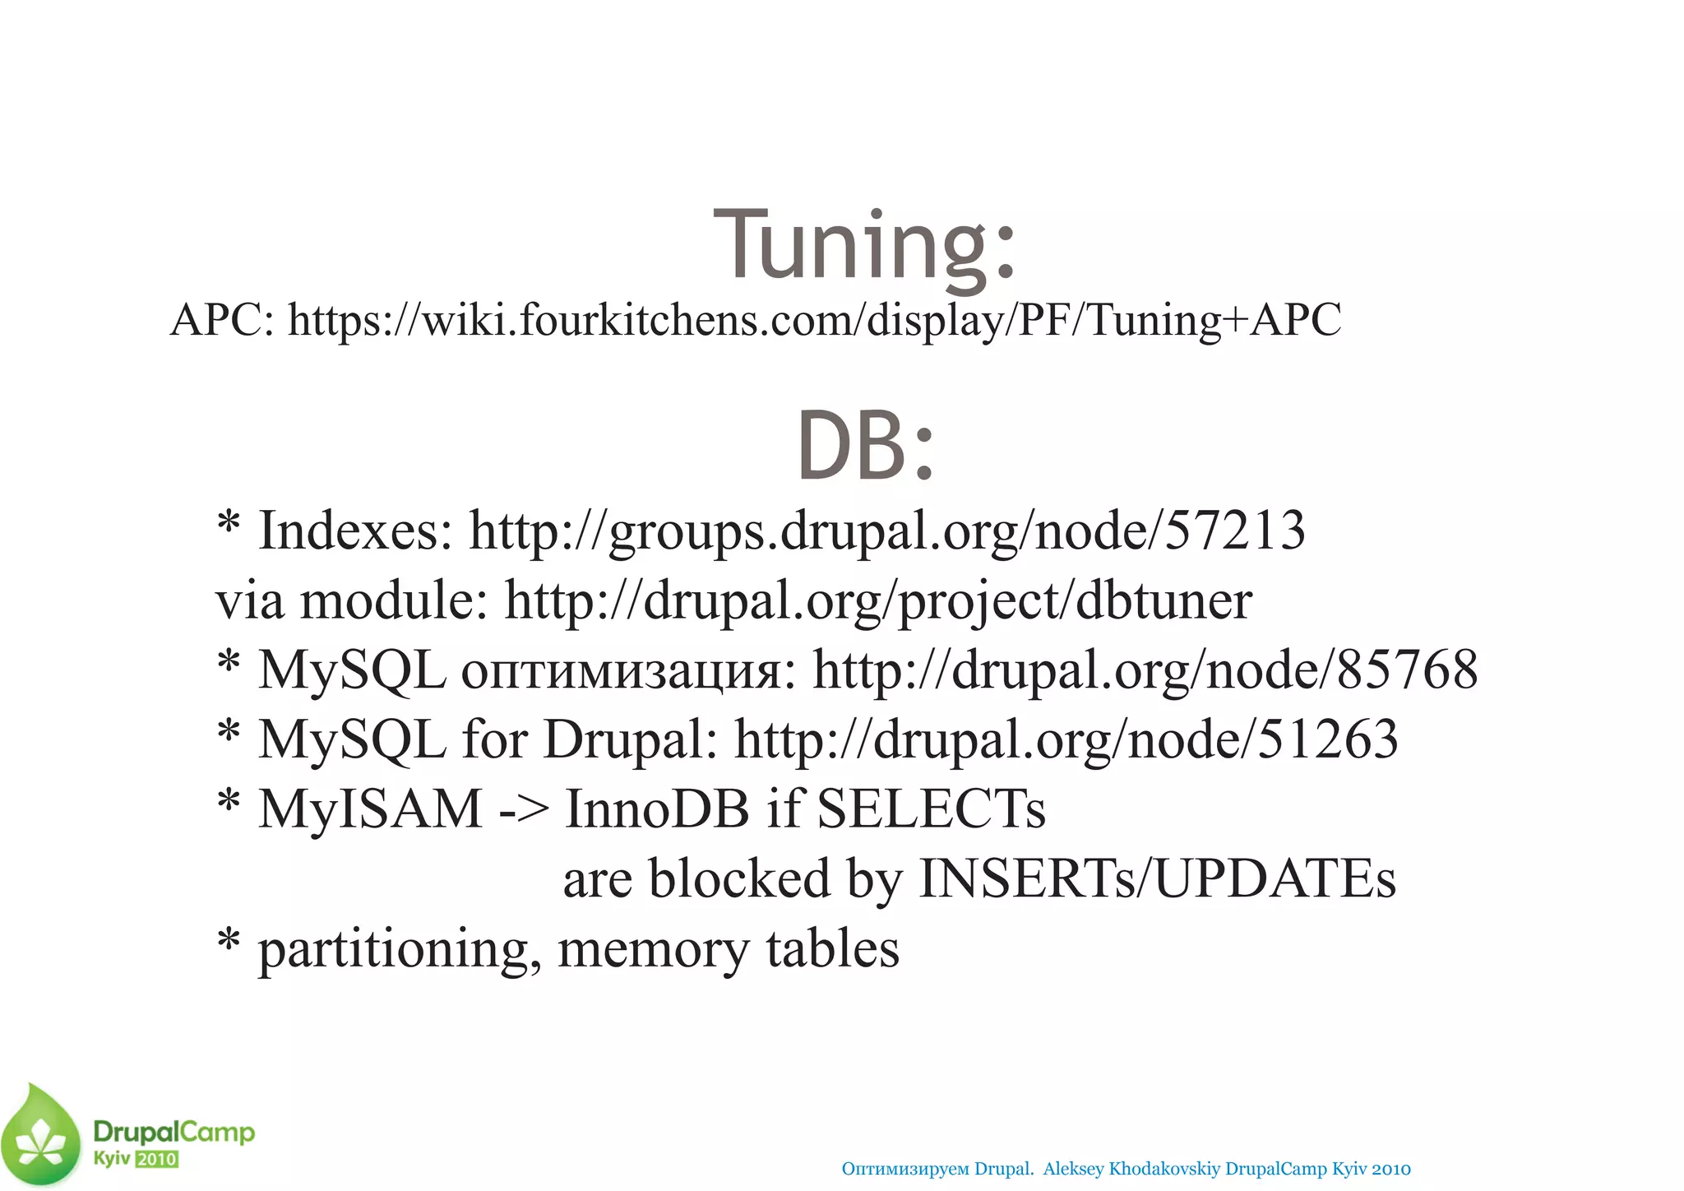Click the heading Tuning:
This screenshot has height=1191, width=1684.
[x=865, y=244]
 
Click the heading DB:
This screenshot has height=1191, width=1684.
[x=865, y=446]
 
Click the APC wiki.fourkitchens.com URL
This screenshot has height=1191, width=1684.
[x=814, y=320]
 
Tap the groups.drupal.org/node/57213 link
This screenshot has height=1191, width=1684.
[x=886, y=531]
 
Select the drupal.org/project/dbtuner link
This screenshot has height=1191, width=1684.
[x=877, y=600]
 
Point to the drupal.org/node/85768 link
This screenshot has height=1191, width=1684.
[x=1145, y=670]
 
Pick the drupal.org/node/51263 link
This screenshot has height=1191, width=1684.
[x=1066, y=739]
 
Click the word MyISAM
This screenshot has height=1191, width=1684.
[x=370, y=809]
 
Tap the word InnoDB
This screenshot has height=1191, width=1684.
[x=657, y=809]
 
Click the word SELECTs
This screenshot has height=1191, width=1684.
[x=931, y=809]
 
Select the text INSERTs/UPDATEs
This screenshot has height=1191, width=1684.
[x=1156, y=879]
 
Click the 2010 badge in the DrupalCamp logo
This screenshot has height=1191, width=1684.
[x=157, y=1160]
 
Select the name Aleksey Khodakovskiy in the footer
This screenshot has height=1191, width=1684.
[x=1131, y=1169]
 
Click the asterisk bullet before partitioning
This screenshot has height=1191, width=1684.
[x=229, y=940]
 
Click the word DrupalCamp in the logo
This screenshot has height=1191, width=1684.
[x=173, y=1133]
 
